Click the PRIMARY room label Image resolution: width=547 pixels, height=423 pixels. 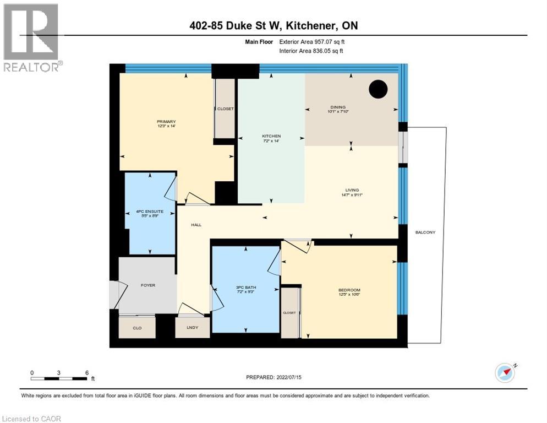(x=166, y=122)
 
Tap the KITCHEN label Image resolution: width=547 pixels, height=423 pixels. (x=271, y=136)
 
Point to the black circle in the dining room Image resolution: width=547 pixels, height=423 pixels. (x=378, y=89)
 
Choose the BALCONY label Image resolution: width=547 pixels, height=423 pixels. (x=425, y=232)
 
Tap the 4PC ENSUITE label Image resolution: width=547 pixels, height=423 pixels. (x=150, y=211)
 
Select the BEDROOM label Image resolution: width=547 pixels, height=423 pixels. (x=349, y=290)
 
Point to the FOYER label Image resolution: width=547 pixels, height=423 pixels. (x=148, y=285)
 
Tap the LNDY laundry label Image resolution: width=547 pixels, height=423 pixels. (x=192, y=328)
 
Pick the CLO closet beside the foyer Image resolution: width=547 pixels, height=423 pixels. (x=137, y=328)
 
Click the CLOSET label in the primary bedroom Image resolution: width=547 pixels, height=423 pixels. (x=225, y=109)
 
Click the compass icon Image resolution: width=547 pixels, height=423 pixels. (x=505, y=373)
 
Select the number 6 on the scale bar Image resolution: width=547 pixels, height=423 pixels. (x=87, y=372)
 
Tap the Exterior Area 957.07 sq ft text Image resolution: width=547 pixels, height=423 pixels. (x=312, y=41)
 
